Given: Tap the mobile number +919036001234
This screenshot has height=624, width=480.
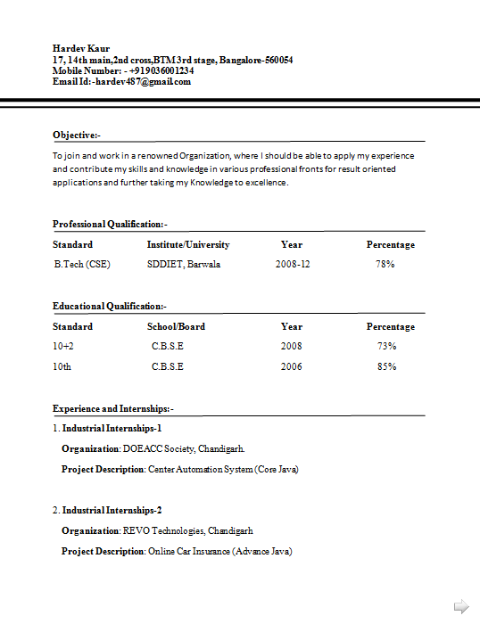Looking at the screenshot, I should (x=161, y=70).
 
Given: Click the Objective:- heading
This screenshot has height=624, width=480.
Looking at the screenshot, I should (x=77, y=135).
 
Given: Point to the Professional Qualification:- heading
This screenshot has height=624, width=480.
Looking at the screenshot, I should (x=110, y=225).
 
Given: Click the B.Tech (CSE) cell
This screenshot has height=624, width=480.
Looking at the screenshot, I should (x=82, y=265).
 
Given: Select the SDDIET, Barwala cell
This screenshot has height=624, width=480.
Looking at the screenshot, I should (x=184, y=265).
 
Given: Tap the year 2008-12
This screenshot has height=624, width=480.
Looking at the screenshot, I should (x=293, y=265).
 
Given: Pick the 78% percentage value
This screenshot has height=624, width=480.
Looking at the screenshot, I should (x=385, y=265).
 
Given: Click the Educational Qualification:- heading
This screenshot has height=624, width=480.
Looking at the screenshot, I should (x=110, y=307).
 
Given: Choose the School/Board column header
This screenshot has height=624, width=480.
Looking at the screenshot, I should (x=176, y=326).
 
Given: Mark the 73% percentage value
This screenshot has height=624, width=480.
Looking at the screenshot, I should (x=386, y=346).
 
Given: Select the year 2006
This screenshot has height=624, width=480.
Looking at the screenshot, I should (x=292, y=366).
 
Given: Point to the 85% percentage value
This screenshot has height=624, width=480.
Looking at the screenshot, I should (x=386, y=366).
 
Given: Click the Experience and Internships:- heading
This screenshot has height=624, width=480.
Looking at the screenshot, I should (x=113, y=408).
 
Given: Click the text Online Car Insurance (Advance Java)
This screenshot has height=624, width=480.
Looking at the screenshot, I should (x=220, y=551).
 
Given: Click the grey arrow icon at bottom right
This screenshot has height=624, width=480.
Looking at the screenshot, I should (x=461, y=607).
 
